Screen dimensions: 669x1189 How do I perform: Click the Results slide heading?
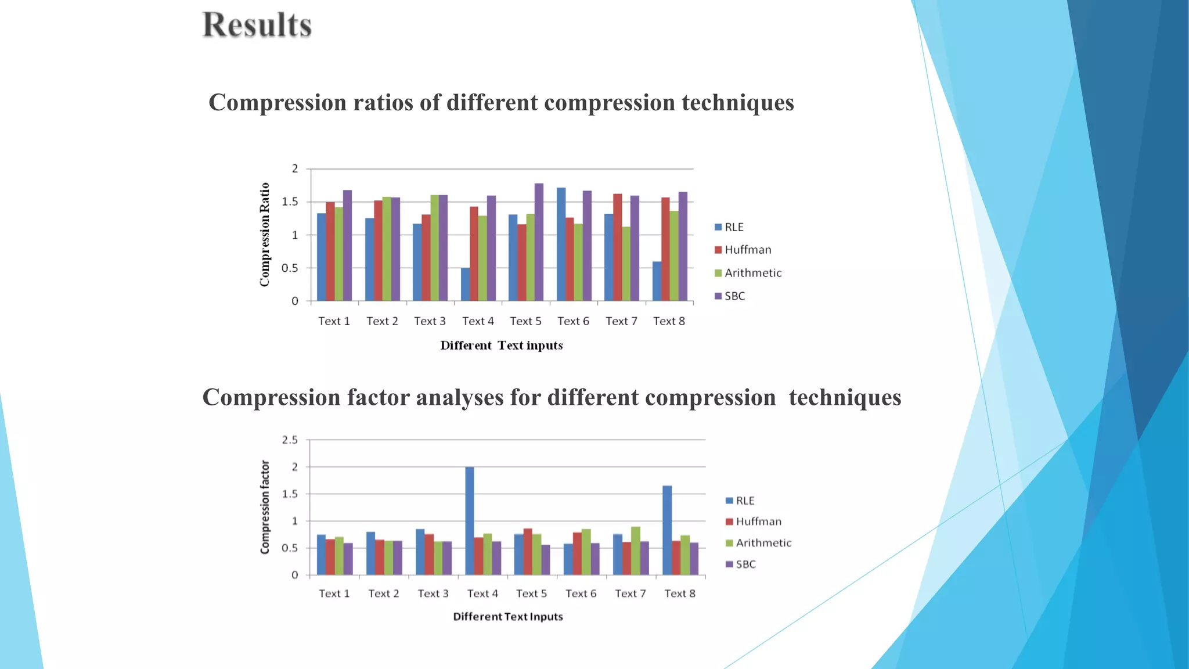click(x=257, y=26)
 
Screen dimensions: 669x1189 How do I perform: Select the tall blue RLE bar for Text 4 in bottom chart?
click(x=469, y=521)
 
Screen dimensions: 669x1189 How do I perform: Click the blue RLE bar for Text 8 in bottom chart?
click(x=667, y=530)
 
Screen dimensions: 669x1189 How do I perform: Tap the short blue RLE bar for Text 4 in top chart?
click(x=465, y=285)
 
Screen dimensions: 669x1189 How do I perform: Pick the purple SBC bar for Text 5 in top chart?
click(x=539, y=242)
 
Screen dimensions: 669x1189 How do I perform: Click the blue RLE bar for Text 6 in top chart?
click(x=561, y=244)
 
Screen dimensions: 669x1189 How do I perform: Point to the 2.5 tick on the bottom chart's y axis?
click(x=290, y=440)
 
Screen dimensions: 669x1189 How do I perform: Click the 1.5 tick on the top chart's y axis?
click(x=290, y=202)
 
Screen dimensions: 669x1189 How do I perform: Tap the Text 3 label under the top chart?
click(x=430, y=321)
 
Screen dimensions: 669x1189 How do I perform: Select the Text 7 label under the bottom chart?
click(x=630, y=594)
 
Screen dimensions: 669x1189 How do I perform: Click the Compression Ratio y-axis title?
click(x=265, y=235)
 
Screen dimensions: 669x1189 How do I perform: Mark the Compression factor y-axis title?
click(x=265, y=507)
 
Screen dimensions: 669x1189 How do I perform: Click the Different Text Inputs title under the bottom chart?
click(x=508, y=617)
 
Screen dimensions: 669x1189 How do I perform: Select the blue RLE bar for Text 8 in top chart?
click(x=657, y=281)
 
